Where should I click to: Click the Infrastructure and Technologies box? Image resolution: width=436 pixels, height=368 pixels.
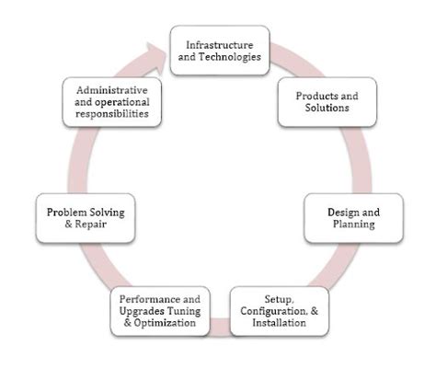(220, 51)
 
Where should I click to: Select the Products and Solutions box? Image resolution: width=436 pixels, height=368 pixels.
(327, 102)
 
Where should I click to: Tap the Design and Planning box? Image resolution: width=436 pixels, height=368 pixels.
(353, 218)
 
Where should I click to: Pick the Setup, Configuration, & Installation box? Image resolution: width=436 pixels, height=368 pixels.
(280, 311)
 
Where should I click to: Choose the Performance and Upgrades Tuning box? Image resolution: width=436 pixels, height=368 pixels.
(160, 311)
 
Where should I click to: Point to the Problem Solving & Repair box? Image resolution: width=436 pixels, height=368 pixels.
(86, 218)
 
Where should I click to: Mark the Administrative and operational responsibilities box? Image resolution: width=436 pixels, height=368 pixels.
(112, 102)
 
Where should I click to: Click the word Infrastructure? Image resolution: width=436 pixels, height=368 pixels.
(220, 45)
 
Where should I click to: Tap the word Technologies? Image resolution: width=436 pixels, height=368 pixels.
(230, 57)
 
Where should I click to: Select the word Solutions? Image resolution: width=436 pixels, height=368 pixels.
(327, 108)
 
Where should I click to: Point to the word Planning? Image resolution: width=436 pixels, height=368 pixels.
(354, 224)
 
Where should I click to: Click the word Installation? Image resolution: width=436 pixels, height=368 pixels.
(279, 323)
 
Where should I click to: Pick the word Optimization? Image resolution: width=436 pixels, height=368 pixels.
(165, 323)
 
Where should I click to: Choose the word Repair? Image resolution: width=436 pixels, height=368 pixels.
(91, 224)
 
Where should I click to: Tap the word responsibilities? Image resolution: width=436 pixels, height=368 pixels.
(112, 114)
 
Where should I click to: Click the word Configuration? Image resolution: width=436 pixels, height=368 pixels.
(273, 311)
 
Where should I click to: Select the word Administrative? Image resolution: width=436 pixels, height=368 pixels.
(112, 90)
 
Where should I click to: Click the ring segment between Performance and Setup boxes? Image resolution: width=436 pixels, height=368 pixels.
(220, 327)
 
